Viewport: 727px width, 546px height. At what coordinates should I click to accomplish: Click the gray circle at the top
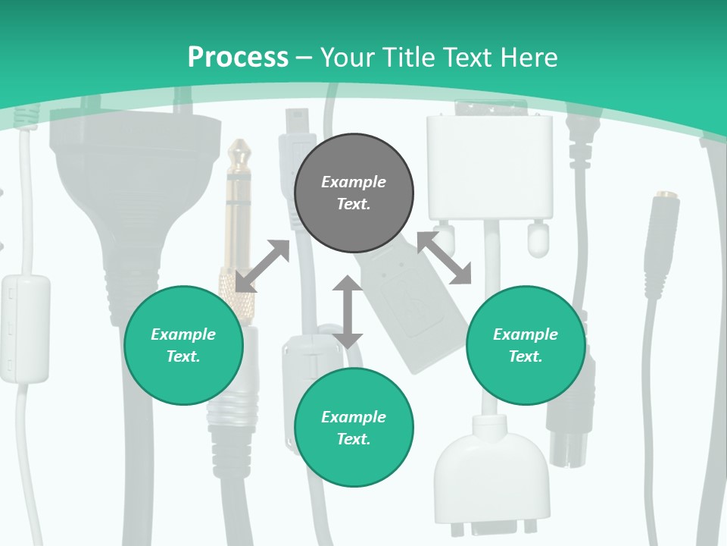coord(354,193)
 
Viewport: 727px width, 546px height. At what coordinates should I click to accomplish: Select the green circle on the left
coord(183,345)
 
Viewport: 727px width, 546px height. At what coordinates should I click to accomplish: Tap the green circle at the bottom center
coord(354,428)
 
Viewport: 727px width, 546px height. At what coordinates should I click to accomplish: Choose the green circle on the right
coord(525,345)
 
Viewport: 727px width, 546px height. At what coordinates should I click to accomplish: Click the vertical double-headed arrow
coord(348,312)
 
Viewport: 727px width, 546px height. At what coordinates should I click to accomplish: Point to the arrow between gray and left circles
coord(262,265)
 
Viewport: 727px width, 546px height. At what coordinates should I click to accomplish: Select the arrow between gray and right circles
coord(445,258)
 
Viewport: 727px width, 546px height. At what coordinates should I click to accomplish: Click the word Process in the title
coord(238,57)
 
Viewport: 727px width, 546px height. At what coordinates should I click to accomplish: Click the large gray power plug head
coord(125,190)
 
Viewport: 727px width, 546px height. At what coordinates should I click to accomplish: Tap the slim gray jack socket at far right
coord(660,235)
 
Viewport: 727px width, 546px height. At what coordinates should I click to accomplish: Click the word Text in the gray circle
coord(354,205)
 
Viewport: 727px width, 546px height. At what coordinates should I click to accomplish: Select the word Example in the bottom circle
coord(354,417)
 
